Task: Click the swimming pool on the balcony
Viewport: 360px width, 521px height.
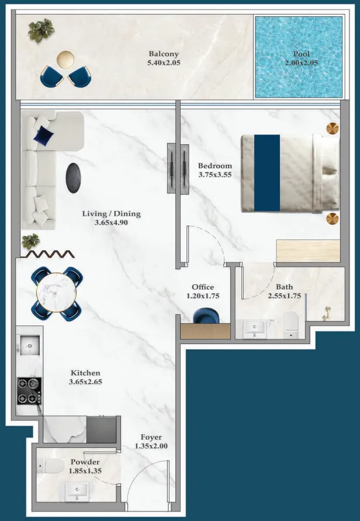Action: (298, 57)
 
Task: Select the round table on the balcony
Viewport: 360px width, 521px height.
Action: (65, 59)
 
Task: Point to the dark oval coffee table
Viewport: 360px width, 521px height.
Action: (73, 178)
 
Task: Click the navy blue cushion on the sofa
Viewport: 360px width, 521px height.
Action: (44, 136)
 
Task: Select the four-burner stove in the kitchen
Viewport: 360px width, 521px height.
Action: (29, 391)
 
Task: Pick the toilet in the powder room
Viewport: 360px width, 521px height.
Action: (54, 466)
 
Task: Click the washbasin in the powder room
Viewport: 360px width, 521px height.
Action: (77, 491)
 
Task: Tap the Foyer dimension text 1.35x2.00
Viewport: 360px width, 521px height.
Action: (151, 446)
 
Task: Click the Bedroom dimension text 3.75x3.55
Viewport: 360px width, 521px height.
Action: (214, 174)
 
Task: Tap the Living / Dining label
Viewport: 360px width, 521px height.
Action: (111, 214)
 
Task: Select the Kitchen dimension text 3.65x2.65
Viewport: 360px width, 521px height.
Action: (85, 383)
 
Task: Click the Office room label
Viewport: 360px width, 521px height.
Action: (203, 287)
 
